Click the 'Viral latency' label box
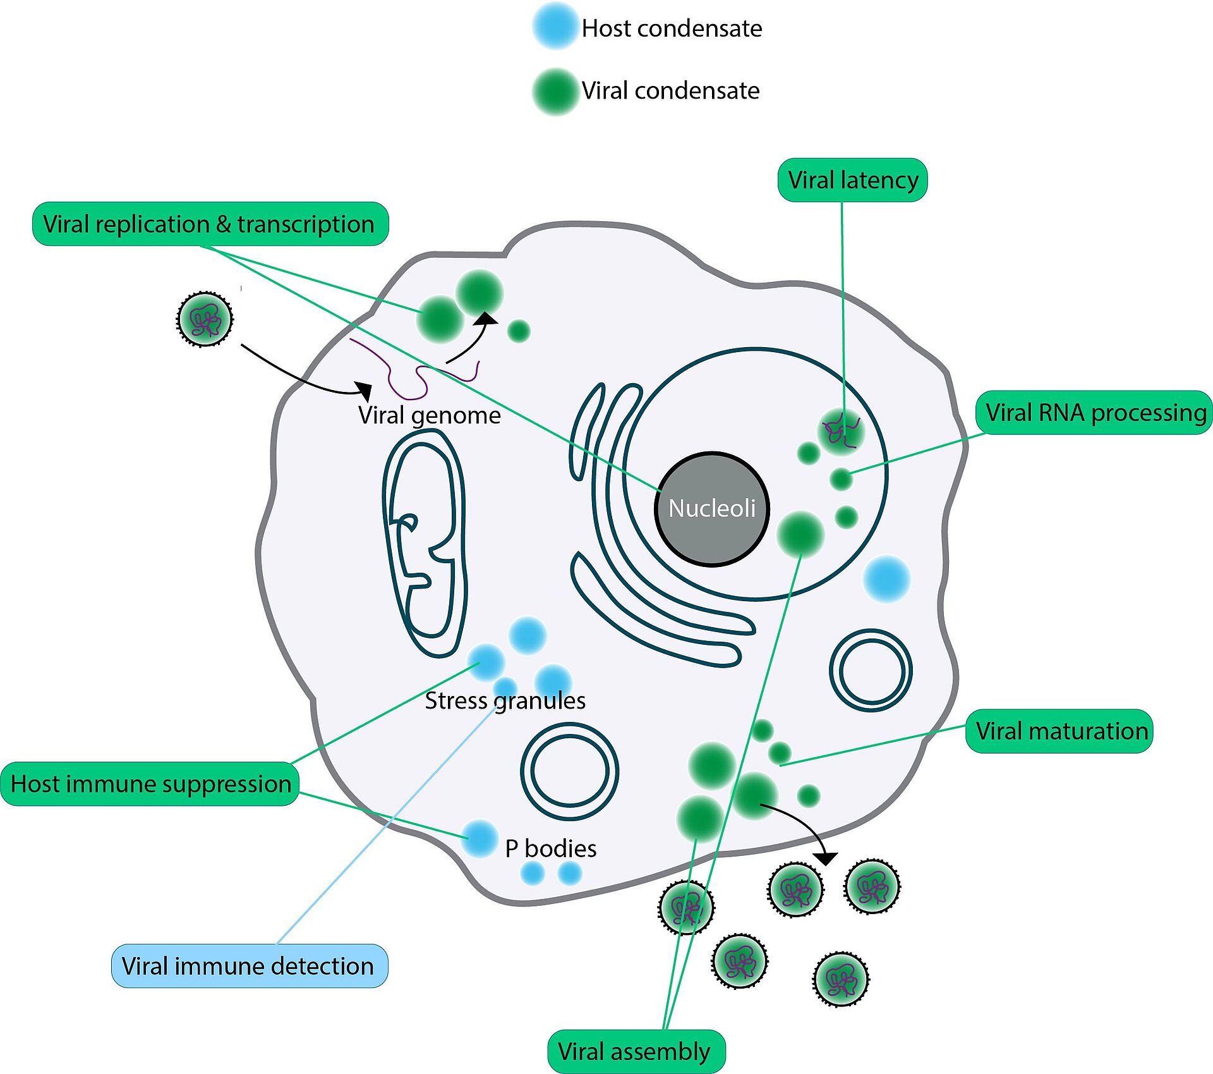point(852,180)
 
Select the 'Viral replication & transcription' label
point(210,224)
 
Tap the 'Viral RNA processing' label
point(1095,412)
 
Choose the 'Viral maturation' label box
point(1059,731)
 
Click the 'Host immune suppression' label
point(150,784)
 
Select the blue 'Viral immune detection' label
point(249,966)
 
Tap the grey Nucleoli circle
point(712,508)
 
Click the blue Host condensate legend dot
point(555,27)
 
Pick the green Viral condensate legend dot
point(555,91)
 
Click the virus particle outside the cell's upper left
point(204,319)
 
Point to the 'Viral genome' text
point(429,415)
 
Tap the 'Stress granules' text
point(505,700)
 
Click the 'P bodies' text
point(550,848)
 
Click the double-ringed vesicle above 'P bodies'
point(569,771)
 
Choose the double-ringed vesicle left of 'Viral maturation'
point(870,670)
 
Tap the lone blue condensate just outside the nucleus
point(886,578)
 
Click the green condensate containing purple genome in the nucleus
point(840,432)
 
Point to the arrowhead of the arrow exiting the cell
point(826,858)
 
